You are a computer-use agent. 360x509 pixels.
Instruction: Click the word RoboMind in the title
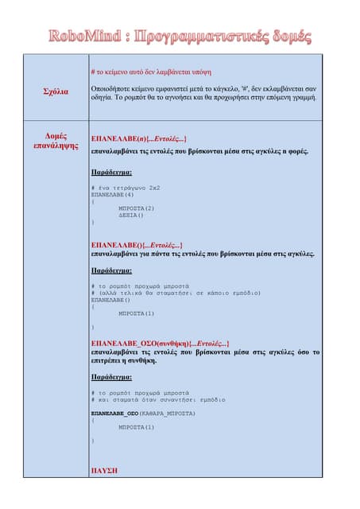(83, 37)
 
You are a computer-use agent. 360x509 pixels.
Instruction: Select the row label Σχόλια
(56, 91)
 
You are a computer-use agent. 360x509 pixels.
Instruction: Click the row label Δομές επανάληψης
(56, 141)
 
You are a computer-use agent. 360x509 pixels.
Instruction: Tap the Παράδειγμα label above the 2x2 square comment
(111, 171)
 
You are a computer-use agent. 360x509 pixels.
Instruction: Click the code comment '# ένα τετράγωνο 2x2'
(126, 188)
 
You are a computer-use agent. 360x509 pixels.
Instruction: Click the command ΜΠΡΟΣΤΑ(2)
(136, 208)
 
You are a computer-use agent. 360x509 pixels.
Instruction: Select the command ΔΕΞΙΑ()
(131, 215)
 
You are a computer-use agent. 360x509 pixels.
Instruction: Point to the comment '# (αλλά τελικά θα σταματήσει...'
(176, 293)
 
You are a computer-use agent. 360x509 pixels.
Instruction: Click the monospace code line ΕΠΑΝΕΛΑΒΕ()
(110, 300)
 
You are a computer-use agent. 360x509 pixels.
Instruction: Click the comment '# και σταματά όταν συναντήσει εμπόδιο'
(158, 399)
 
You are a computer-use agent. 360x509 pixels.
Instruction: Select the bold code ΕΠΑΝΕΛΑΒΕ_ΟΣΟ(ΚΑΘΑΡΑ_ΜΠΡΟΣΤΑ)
(143, 414)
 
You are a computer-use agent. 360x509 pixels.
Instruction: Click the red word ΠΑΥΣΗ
(104, 470)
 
